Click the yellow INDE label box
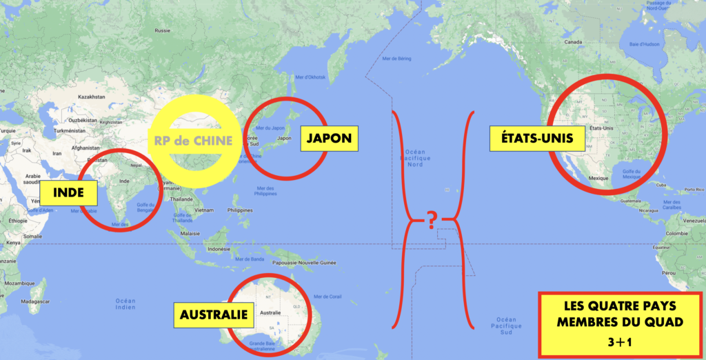click(67, 192)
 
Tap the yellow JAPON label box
click(326, 138)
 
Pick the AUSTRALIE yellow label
click(214, 314)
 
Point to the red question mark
click(432, 221)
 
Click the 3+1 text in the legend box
click(619, 342)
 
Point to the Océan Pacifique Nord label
click(416, 157)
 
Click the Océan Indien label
click(125, 304)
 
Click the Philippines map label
click(240, 210)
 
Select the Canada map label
click(574, 42)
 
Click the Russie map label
click(163, 30)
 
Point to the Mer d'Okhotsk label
click(310, 77)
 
